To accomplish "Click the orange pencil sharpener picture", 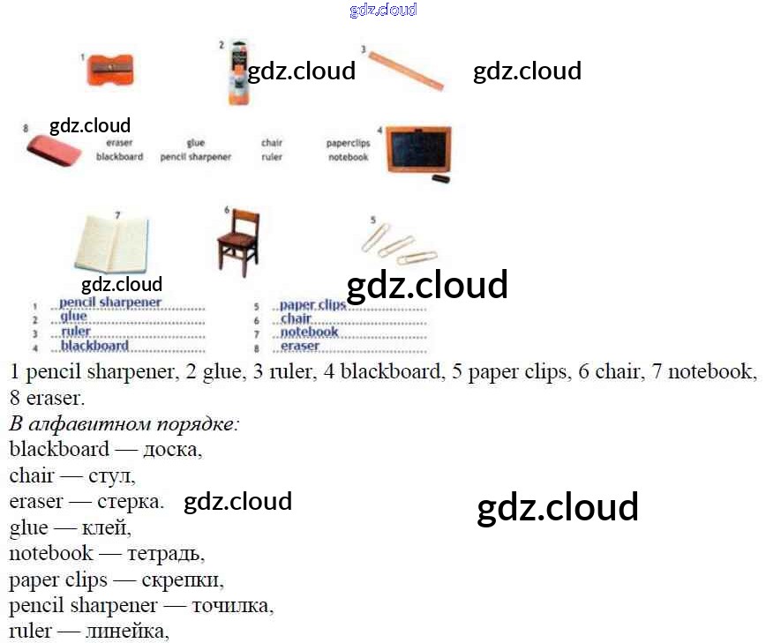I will [110, 70].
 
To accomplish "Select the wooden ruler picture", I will [405, 69].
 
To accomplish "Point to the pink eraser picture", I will [54, 150].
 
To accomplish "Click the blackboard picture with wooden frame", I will [417, 149].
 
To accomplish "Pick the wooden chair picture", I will [238, 241].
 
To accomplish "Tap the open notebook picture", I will [112, 244].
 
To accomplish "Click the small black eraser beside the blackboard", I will [440, 179].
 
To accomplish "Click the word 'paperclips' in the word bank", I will [348, 143].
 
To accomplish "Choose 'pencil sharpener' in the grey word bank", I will [196, 157].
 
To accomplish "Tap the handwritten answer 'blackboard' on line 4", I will [94, 346].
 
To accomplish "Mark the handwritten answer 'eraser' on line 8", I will [300, 347].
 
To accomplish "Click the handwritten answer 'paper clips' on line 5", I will [313, 305].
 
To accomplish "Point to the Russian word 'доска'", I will [171, 449].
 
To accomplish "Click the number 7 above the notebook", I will [117, 214].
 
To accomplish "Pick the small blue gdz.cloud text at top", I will [383, 10].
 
